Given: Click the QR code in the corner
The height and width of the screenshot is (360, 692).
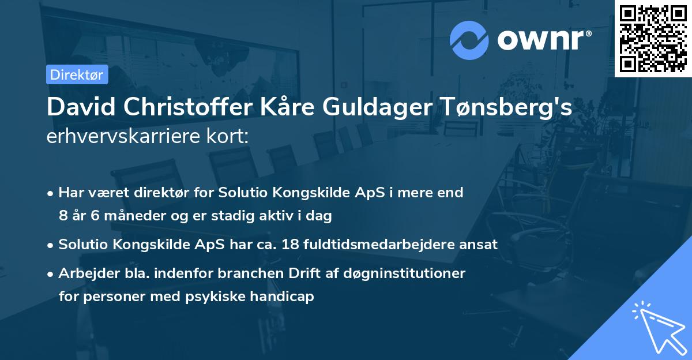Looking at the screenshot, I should point(653,38).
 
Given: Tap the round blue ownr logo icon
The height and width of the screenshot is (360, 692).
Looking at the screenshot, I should point(469,40).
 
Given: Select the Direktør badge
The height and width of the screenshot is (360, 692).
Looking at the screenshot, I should point(77,74).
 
